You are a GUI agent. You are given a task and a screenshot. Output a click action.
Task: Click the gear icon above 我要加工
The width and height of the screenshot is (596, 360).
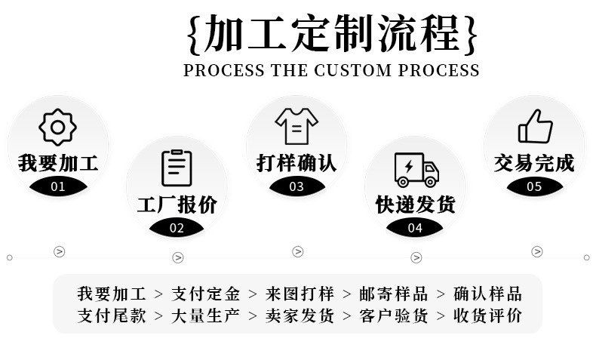click(58, 127)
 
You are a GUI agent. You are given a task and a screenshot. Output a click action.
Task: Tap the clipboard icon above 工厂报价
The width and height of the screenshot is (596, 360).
click(177, 168)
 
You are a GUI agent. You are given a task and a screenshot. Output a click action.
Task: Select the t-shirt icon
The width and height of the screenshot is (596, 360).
click(296, 125)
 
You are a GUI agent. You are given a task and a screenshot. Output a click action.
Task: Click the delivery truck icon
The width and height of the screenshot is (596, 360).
click(416, 169)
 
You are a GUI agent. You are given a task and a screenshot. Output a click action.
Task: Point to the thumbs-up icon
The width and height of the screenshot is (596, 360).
click(535, 126)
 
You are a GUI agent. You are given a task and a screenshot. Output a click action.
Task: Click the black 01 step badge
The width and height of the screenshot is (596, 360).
click(58, 186)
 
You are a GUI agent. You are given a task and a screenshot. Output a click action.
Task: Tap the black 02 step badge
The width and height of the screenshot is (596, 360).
click(177, 227)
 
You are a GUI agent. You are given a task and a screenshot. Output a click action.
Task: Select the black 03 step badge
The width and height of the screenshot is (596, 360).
click(296, 186)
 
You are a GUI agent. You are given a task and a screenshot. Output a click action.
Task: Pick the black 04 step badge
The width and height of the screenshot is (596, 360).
click(416, 227)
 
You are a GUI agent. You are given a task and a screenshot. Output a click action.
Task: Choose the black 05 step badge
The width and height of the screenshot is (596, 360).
click(535, 186)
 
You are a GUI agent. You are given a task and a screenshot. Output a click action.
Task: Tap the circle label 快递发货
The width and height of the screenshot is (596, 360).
click(416, 204)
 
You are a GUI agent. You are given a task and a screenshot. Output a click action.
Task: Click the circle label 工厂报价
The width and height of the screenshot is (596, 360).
click(177, 204)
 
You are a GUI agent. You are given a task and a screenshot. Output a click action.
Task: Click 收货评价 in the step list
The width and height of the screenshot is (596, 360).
click(487, 315)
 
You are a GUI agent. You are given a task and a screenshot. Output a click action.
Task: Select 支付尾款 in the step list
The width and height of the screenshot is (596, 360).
click(112, 315)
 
